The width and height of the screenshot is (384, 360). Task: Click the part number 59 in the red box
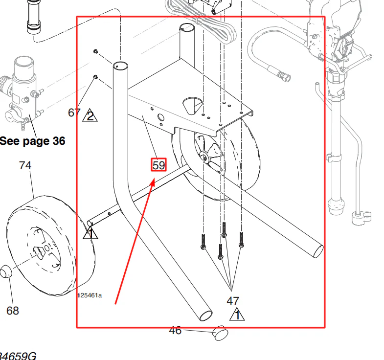point(158,165)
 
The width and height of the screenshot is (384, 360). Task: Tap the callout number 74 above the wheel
point(25,165)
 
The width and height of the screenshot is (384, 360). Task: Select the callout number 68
point(13,311)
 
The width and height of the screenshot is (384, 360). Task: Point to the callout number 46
point(175,330)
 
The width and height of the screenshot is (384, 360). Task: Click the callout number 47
point(233,301)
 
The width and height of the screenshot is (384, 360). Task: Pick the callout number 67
point(74,112)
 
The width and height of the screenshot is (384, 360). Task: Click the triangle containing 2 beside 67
point(90,115)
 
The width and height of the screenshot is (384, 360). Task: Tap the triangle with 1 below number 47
point(237,314)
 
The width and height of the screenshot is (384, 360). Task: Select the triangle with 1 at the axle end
point(90,232)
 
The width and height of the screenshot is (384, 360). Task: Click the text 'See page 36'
point(33,141)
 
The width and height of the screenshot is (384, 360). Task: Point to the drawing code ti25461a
point(90,295)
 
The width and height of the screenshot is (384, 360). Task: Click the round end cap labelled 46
point(220,333)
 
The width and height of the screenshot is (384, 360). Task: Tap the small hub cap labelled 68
point(6,271)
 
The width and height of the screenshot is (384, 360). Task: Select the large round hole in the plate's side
point(161,117)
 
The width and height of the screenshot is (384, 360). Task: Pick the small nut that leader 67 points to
point(95,77)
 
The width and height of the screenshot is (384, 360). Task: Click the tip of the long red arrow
point(155,179)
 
